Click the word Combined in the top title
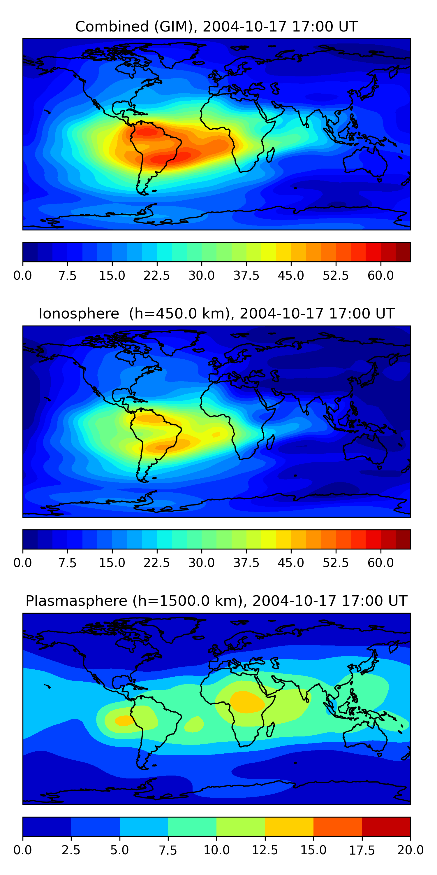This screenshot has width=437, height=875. click(112, 27)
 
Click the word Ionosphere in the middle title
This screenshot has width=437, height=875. click(79, 314)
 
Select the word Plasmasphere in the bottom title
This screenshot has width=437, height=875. click(76, 601)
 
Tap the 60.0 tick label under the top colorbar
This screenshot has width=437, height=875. click(381, 275)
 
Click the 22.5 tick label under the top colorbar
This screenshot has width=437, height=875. click(157, 275)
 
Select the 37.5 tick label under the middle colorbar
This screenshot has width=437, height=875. click(246, 563)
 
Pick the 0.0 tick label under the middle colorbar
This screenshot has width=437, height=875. click(23, 563)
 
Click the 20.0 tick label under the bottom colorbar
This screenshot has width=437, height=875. click(410, 850)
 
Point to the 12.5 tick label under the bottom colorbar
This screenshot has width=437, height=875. click(265, 850)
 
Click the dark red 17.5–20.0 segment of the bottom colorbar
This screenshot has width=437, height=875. click(386, 826)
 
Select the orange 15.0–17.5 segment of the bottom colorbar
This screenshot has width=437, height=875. click(338, 826)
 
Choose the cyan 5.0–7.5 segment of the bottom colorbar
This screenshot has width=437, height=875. click(144, 826)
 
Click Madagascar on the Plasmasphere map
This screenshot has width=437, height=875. click(270, 729)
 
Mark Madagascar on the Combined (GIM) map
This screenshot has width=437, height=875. click(270, 155)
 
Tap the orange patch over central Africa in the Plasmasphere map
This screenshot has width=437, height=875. click(247, 702)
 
